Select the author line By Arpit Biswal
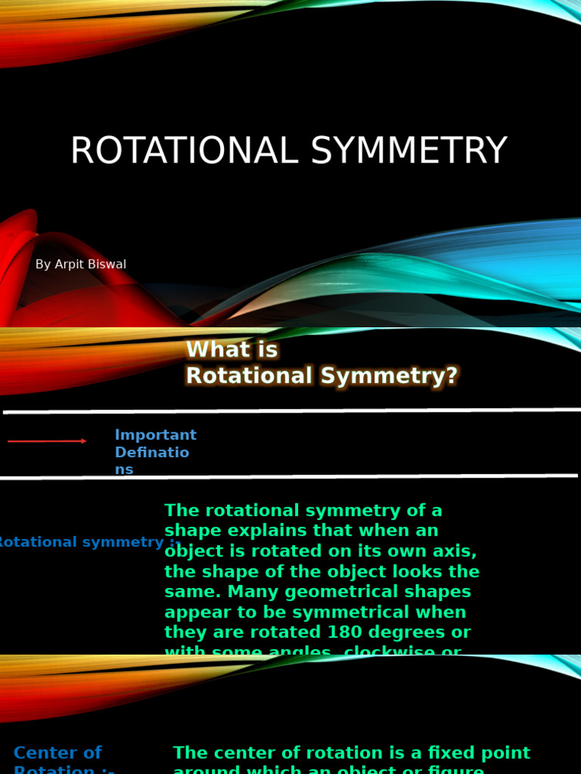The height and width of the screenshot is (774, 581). click(x=81, y=265)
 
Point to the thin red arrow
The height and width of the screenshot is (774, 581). click(x=47, y=441)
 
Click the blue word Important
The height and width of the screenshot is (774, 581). click(x=155, y=435)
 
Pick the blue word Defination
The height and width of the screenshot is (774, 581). click(x=151, y=453)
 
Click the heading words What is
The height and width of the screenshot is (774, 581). click(x=231, y=350)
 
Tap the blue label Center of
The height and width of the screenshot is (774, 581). click(x=57, y=753)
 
